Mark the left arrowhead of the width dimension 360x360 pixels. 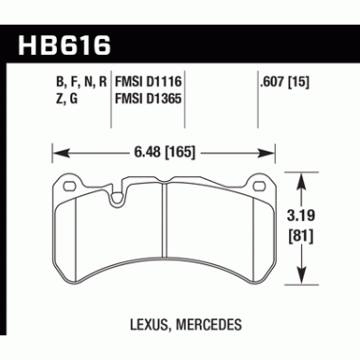[x=54, y=149]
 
